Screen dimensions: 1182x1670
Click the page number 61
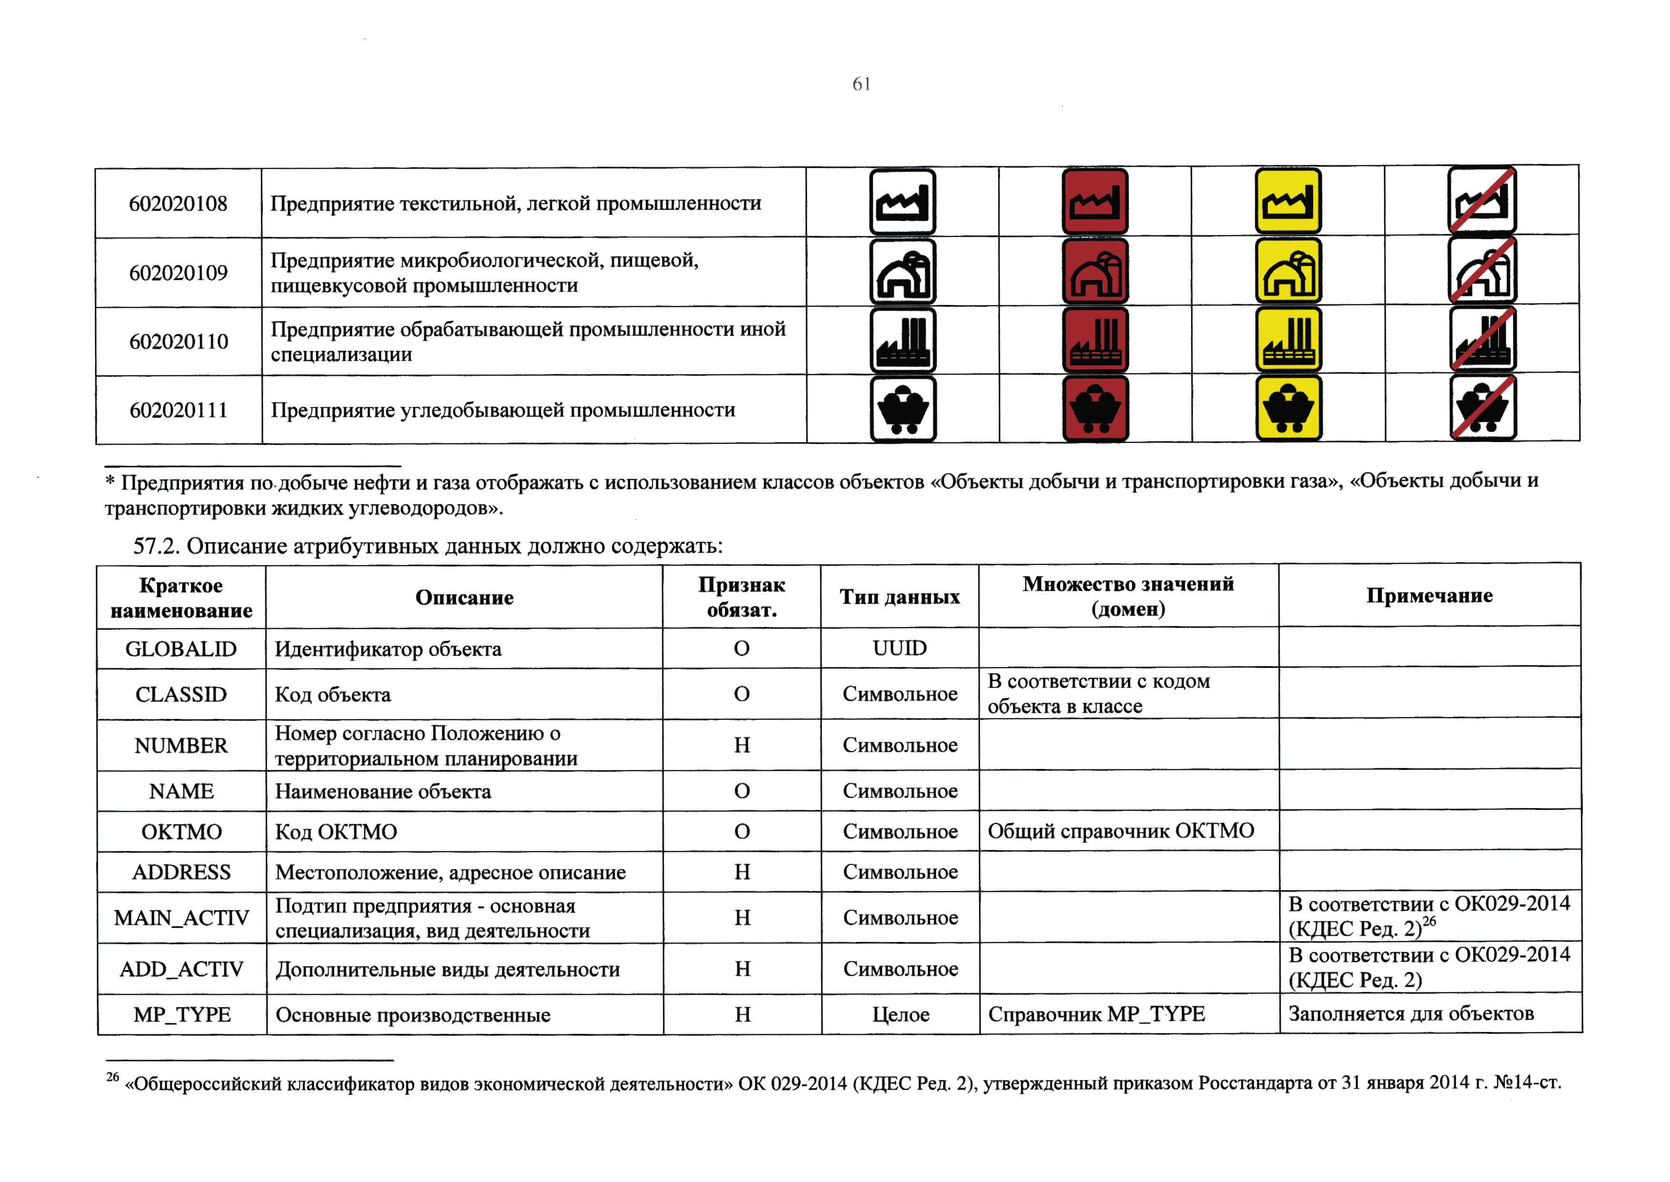click(861, 84)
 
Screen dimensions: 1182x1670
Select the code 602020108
click(178, 204)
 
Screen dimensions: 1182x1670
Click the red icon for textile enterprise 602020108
click(1095, 202)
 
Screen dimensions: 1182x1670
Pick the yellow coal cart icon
click(1288, 408)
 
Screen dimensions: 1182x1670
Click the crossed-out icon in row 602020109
click(1481, 270)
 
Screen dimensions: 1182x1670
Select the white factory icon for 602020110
click(903, 340)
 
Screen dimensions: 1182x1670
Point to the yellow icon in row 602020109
click(1288, 271)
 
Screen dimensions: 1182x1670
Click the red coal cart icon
click(1095, 408)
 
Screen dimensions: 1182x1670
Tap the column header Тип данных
click(900, 597)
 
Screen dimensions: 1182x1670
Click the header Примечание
click(1429, 596)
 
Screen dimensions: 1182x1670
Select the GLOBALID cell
click(181, 648)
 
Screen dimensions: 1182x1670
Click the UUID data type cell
click(900, 648)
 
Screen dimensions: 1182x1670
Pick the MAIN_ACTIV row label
click(181, 918)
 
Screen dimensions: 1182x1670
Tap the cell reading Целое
click(900, 1015)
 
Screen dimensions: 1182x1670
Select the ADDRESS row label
click(181, 872)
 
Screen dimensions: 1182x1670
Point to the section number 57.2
click(156, 546)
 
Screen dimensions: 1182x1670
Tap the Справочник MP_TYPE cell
click(1096, 1014)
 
